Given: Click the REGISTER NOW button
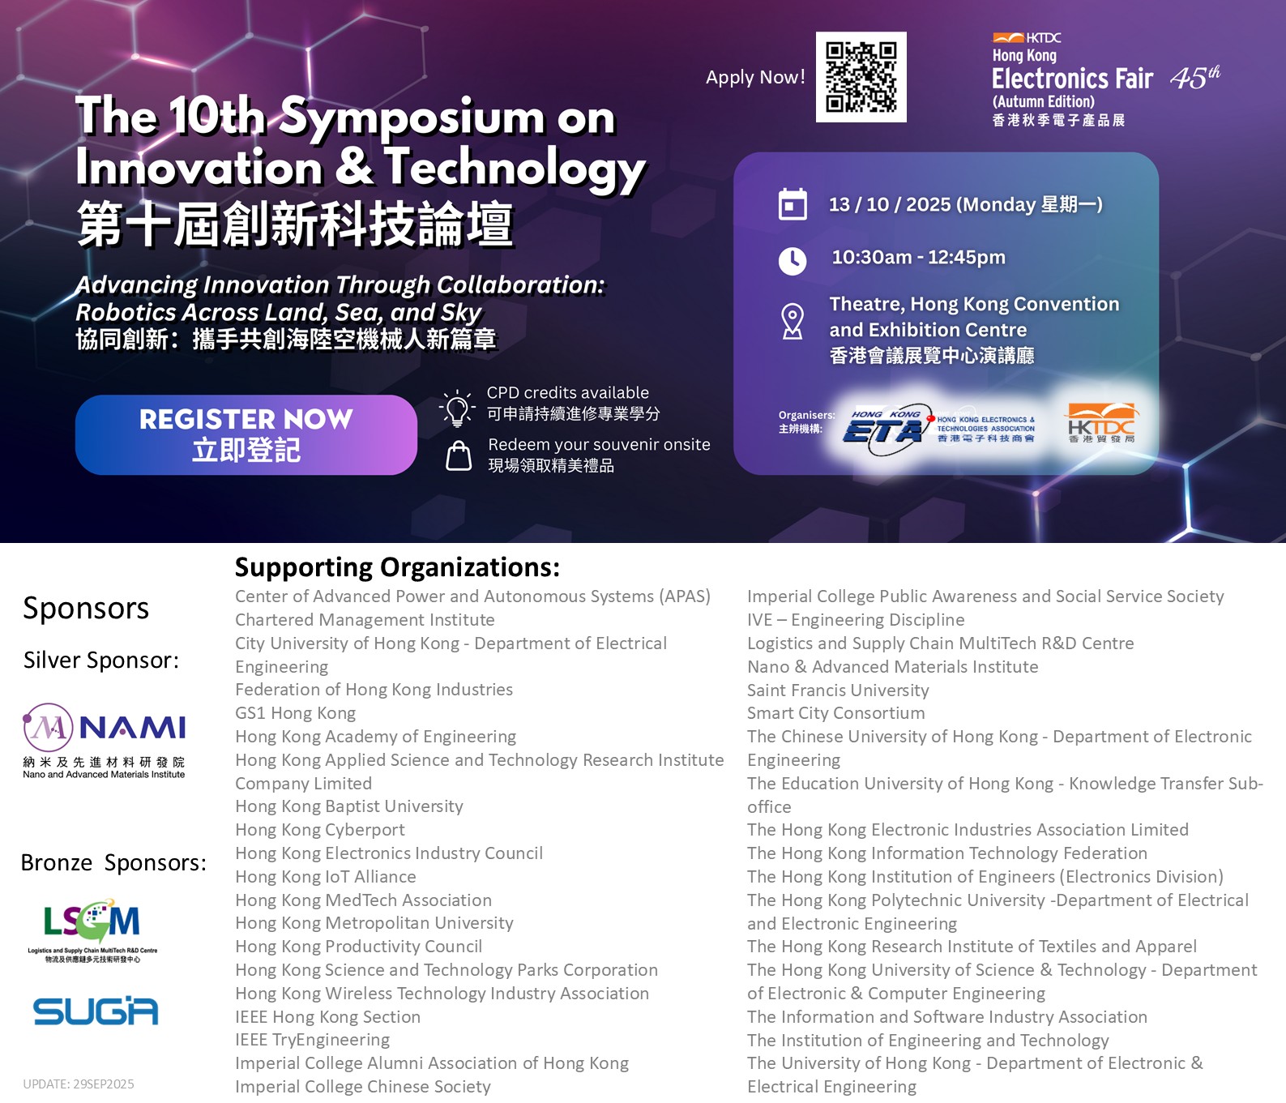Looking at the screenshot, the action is click(246, 434).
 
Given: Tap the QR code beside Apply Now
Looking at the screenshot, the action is click(861, 77).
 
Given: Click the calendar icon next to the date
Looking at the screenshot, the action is click(793, 204).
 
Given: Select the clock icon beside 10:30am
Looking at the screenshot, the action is click(793, 261).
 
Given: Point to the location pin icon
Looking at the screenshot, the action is click(793, 322).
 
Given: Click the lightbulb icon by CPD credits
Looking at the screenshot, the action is click(457, 408).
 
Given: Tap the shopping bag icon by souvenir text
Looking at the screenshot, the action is click(459, 455).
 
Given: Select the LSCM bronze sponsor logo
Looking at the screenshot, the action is click(92, 930).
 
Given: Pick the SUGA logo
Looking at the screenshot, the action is click(96, 1011).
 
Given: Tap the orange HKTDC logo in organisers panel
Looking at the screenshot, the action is click(1102, 424).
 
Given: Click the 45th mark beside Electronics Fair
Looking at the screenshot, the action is click(1194, 78).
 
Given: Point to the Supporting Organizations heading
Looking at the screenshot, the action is click(397, 567).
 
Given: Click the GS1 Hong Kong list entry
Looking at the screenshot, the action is click(296, 713).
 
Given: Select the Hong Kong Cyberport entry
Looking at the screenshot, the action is click(320, 830).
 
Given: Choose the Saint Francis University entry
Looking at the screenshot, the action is click(838, 690).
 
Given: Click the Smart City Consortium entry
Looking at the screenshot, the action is click(835, 713).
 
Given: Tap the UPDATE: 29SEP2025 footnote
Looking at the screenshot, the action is click(79, 1084).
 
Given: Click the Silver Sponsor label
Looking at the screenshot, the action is click(101, 661).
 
